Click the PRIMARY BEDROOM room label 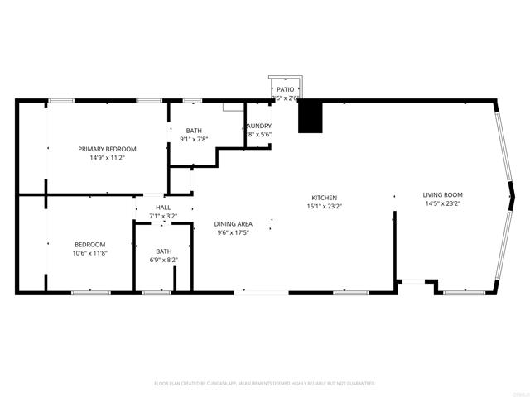107,149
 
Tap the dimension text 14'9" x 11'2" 107,158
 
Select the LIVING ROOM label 442,194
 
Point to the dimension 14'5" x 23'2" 442,203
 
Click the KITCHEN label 324,198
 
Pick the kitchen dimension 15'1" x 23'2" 324,207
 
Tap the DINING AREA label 234,223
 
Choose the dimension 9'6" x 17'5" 234,232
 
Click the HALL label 163,207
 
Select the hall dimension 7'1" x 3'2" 163,216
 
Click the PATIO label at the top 285,88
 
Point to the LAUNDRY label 258,126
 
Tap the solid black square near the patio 309,117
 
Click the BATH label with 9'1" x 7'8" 193,130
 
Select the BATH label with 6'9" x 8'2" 164,251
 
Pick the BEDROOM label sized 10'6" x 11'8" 89,244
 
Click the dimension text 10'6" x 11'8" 89,253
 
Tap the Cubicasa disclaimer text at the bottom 265,384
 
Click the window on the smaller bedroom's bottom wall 90,292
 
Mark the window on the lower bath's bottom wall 157,292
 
